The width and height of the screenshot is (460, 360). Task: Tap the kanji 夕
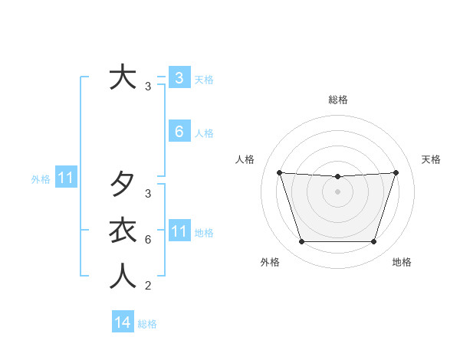pos(123,185)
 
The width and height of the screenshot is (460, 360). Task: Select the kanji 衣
pos(123,231)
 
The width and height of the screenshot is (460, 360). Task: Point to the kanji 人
pos(123,277)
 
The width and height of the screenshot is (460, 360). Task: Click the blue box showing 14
pos(123,322)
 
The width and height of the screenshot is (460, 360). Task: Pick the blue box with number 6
pos(179,132)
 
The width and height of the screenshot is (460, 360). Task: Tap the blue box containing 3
pos(179,78)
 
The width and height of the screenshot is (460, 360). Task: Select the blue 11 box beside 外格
pos(66,178)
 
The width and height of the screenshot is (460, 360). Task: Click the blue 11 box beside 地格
pos(179,231)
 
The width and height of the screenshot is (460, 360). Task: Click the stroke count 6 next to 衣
pos(147,240)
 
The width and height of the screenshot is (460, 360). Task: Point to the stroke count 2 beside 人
pos(147,286)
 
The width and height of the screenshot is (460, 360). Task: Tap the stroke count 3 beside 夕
pos(147,194)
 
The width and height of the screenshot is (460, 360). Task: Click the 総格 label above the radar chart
pos(337,100)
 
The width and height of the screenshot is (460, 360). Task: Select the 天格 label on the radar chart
pos(431,159)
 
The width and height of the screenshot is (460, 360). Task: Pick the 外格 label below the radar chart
pos(269,262)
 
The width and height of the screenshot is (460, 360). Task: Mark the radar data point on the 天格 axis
pos(396,172)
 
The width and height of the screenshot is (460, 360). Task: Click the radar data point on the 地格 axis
pos(373,242)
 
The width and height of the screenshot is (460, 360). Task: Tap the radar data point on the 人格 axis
pos(279,172)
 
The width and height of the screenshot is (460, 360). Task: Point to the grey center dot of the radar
pos(337,191)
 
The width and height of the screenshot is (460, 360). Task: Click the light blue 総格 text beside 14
pos(147,324)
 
